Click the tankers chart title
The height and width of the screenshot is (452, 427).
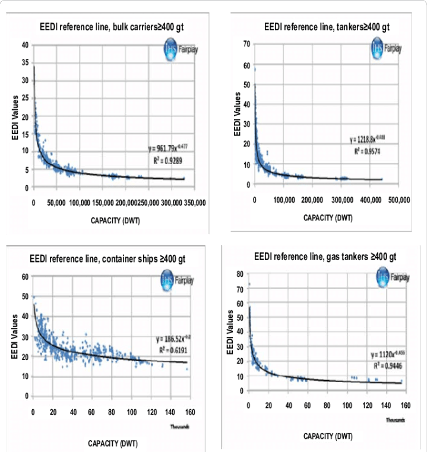coord(327,27)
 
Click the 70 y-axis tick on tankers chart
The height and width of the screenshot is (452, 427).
coord(246,44)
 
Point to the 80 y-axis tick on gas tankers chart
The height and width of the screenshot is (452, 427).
coord(240,274)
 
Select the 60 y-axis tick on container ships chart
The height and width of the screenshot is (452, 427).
coord(26,277)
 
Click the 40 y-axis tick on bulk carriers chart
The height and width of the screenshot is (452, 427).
coord(25,45)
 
